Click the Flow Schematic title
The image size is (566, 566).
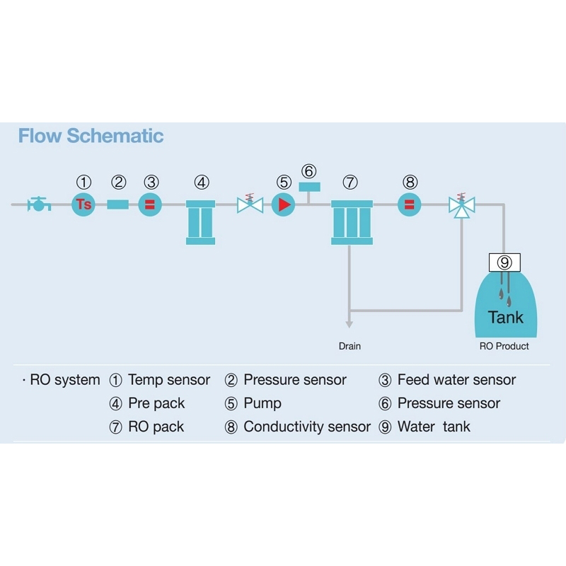click(x=91, y=136)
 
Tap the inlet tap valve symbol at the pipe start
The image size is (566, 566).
click(x=39, y=204)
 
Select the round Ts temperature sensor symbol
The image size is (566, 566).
click(x=83, y=204)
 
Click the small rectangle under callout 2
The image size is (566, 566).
click(x=117, y=204)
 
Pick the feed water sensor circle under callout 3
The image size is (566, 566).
click(x=150, y=204)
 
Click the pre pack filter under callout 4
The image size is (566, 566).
click(x=200, y=222)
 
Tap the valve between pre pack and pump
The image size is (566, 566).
click(x=250, y=204)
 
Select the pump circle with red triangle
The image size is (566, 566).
click(x=284, y=204)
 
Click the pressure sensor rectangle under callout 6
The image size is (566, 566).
click(x=309, y=187)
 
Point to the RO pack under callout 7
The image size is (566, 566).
click(x=352, y=222)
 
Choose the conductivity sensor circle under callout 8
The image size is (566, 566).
click(x=410, y=204)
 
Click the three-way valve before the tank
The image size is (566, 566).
click(x=462, y=206)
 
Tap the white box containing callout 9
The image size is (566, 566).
click(x=504, y=262)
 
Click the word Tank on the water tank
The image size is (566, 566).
click(x=506, y=318)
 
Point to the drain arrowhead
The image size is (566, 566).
click(x=349, y=324)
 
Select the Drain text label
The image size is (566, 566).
click(x=350, y=346)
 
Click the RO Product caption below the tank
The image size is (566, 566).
click(x=504, y=346)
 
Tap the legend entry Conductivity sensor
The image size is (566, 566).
click(x=307, y=427)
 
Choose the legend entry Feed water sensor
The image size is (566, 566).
click(x=456, y=380)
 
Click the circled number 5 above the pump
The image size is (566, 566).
click(x=284, y=183)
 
